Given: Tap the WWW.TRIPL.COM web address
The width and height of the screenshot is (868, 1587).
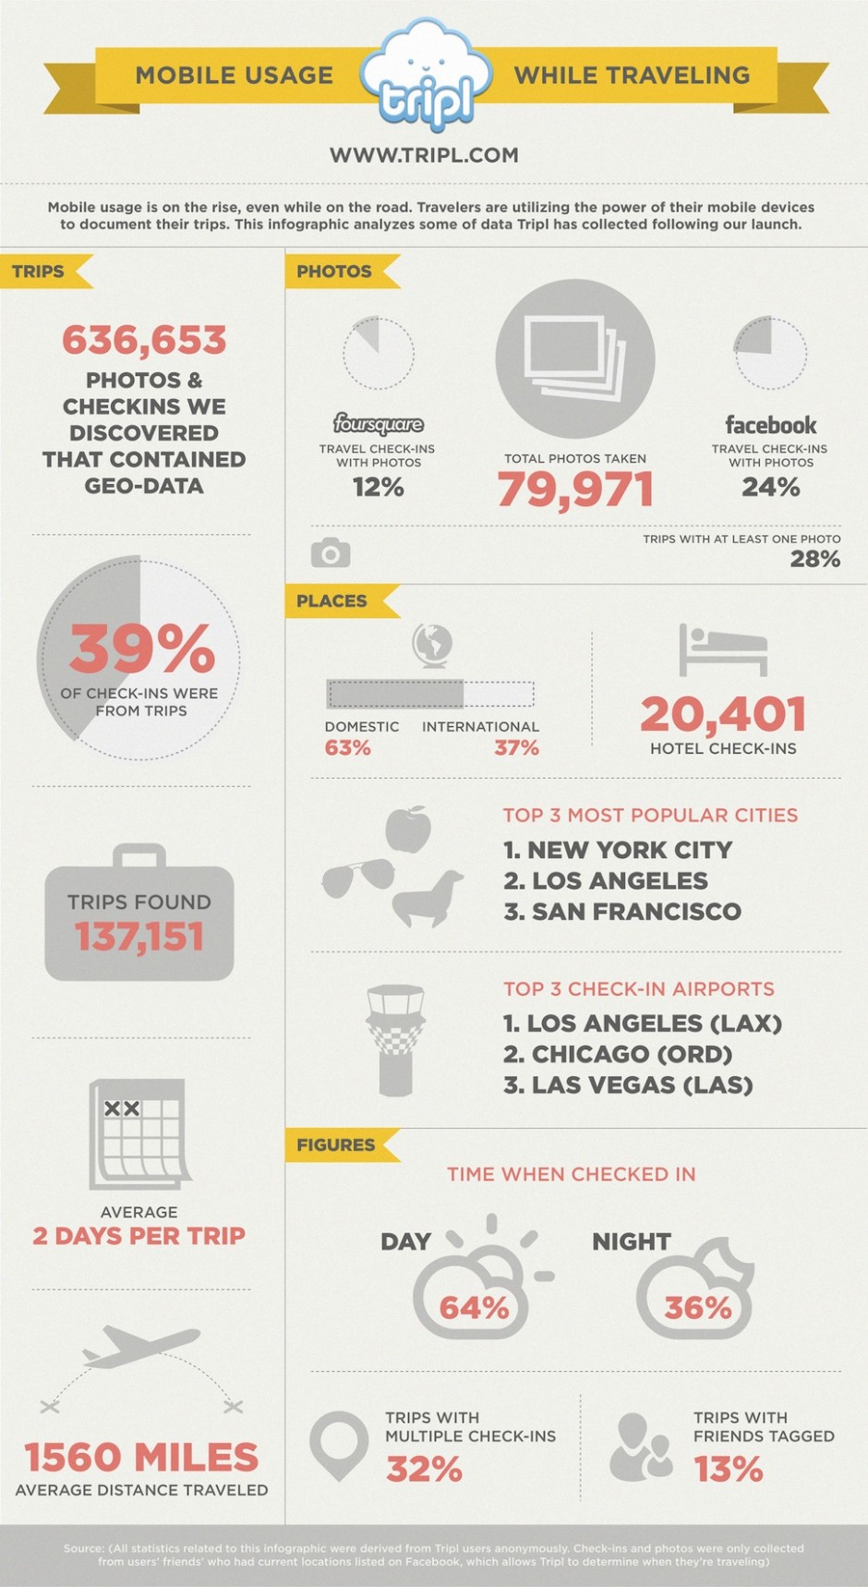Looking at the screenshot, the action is coord(424,155).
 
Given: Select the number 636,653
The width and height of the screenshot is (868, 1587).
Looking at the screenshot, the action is coord(144,340).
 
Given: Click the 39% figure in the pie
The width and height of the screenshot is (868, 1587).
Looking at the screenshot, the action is coord(142,648).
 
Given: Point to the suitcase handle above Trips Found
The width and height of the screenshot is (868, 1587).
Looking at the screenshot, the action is coord(139,855).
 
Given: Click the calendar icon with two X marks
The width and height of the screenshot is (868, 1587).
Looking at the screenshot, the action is coord(140,1134).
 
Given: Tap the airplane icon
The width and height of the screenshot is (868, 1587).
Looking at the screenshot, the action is coord(140,1346).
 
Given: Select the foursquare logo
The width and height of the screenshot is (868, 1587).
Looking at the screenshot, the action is coord(379,424).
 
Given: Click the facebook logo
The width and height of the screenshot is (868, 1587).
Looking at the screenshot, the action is coord(771,425).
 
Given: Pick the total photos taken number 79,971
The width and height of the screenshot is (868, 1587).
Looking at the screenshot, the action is coord(575,490).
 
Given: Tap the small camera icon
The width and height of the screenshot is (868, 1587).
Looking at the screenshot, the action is coord(331,552).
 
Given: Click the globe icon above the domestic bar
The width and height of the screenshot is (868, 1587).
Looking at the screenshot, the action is coord(431,645).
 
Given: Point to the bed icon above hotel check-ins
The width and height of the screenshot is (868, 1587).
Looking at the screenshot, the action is coord(723,650).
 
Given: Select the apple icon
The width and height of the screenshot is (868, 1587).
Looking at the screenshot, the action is coord(408,830).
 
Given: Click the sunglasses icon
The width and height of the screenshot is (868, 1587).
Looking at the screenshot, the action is coord(358,877).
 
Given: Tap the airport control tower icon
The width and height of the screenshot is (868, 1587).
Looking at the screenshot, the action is coord(395,1040).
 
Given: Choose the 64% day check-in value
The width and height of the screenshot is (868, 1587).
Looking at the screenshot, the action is coord(474,1307).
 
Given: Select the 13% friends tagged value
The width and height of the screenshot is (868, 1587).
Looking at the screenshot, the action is coord(729,1468).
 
